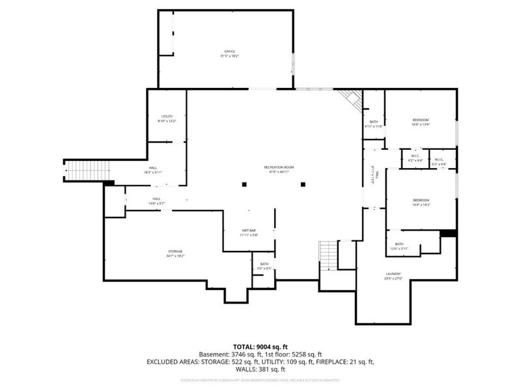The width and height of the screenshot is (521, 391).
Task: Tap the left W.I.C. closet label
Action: pyautogui.click(x=415, y=158)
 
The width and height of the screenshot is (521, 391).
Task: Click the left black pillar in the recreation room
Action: pyautogui.click(x=244, y=185)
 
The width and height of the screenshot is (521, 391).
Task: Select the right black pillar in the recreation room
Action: pyautogui.click(x=303, y=185)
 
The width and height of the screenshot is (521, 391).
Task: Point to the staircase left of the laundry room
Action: pyautogui.click(x=328, y=252)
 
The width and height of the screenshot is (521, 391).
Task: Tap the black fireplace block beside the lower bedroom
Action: pyautogui.click(x=447, y=234)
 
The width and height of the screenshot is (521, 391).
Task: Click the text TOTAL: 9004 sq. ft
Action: pyautogui.click(x=260, y=347)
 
